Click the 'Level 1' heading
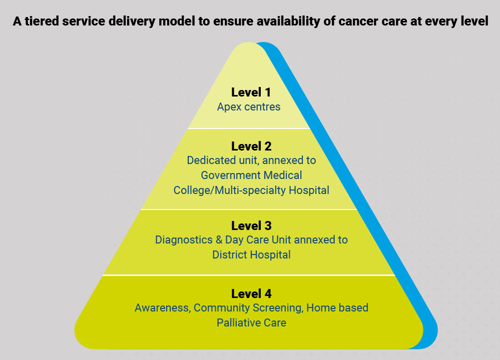pyautogui.click(x=251, y=92)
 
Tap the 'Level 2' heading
pyautogui.click(x=251, y=146)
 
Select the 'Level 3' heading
pyautogui.click(x=251, y=225)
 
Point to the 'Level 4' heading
pyautogui.click(x=251, y=293)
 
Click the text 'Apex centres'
pyautogui.click(x=249, y=107)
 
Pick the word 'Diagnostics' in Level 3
pyautogui.click(x=182, y=240)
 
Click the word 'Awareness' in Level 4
pyautogui.click(x=162, y=308)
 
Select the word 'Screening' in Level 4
pyautogui.click(x=280, y=308)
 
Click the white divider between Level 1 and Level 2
pyautogui.click(x=249, y=128)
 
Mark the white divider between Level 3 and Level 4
pyautogui.click(x=249, y=275)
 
